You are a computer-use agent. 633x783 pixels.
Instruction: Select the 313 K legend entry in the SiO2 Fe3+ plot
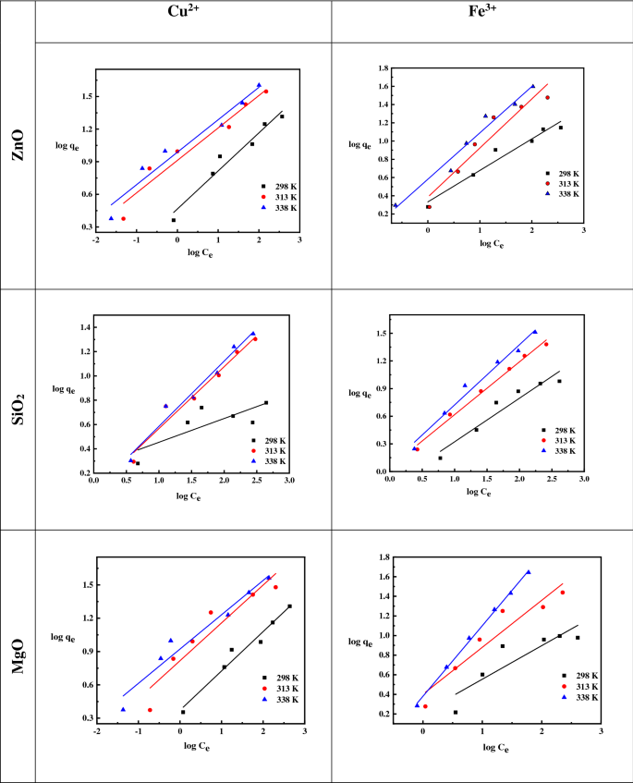[569, 442]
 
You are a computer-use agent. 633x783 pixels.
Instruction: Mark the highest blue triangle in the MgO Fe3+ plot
[529, 571]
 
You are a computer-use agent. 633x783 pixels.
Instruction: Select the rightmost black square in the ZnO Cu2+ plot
[282, 116]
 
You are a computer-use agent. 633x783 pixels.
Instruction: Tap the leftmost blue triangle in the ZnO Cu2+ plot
[111, 218]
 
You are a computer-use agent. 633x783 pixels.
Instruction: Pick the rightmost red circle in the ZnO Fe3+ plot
[547, 97]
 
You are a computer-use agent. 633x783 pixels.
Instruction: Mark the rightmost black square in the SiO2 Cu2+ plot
[266, 402]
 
